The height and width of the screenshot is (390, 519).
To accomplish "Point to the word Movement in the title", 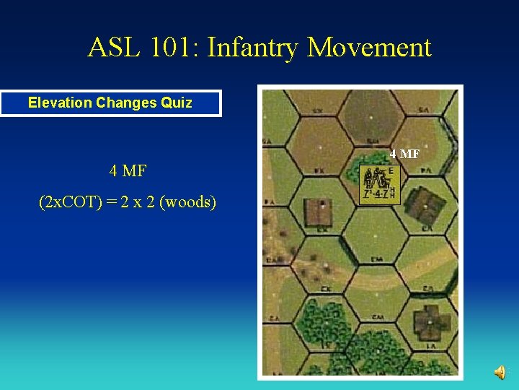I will coord(369,48).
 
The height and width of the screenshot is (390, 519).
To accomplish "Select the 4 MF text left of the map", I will coord(128,171).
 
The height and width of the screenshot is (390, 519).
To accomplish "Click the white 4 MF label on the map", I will coord(404,154).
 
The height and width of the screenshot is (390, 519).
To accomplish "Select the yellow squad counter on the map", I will coord(380,185).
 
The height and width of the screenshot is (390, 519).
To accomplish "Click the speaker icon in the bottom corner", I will coord(500,372).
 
